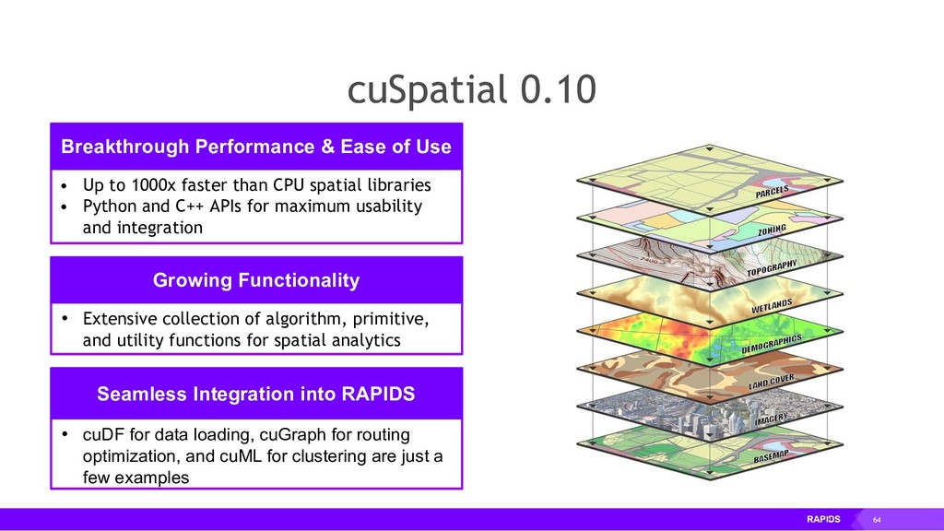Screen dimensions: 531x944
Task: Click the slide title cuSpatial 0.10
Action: (x=471, y=90)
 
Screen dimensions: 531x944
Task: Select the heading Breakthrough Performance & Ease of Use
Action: (x=255, y=147)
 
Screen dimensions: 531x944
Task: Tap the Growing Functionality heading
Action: (x=255, y=279)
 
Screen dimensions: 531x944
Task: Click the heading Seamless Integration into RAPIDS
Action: (x=255, y=394)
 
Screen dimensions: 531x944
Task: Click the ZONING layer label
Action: (x=766, y=230)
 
